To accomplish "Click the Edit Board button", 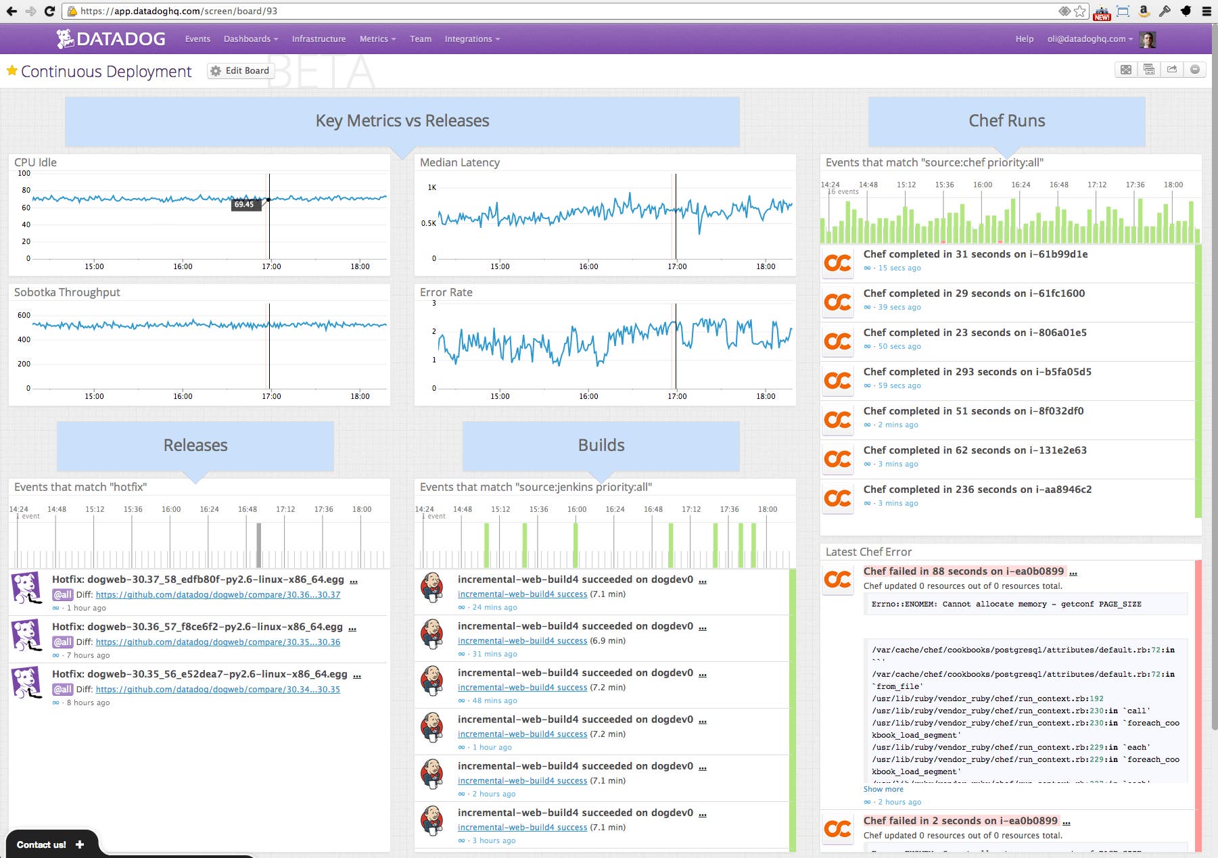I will [x=240, y=71].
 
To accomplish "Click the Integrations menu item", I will [x=471, y=39].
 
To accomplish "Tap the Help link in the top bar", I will [x=1024, y=39].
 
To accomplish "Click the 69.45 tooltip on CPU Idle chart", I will [x=245, y=204].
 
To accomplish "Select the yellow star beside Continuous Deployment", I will [x=11, y=70].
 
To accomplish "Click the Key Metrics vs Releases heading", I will [x=402, y=121].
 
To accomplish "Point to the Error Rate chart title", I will [x=446, y=293].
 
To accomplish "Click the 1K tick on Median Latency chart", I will [x=431, y=187].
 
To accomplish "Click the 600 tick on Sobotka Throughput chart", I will [x=24, y=315].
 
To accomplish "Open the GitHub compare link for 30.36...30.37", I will [x=218, y=595].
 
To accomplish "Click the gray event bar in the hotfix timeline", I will [x=258, y=544].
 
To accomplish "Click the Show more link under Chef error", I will [x=883, y=789].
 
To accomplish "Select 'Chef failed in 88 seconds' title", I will [x=963, y=571].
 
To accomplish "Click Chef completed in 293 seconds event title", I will [x=977, y=372].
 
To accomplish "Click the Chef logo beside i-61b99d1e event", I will [x=837, y=262].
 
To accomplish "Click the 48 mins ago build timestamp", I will [x=494, y=700].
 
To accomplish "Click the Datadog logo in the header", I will [x=112, y=39].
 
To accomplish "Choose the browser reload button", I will [x=49, y=11].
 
